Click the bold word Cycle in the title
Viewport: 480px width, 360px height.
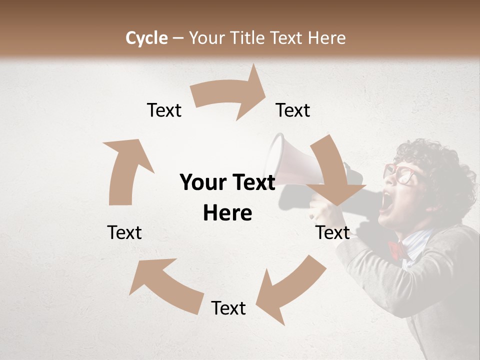coord(146,38)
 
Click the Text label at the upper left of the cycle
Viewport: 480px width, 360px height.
coord(164,110)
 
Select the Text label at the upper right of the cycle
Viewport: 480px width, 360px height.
coord(293,110)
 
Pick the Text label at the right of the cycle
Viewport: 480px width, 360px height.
coord(332,232)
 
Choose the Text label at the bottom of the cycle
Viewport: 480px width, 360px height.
coord(228,308)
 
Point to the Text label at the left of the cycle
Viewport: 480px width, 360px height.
coord(124,232)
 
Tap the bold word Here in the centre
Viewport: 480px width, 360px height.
coord(227,213)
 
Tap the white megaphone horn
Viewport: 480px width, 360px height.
coord(290,160)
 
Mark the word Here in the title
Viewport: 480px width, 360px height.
coord(324,38)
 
